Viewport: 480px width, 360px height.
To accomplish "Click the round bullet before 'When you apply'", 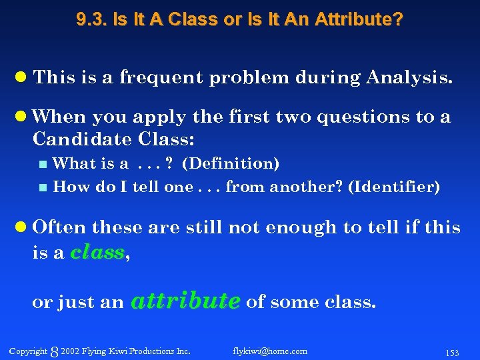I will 22,117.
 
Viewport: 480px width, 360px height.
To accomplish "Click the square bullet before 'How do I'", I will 43,188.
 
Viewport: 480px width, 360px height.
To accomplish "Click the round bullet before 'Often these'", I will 22,227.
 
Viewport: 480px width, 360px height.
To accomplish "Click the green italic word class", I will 97,252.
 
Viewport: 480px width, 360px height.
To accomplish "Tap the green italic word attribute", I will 185,301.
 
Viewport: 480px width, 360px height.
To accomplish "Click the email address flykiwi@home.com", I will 270,351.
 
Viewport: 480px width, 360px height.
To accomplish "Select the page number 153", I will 452,353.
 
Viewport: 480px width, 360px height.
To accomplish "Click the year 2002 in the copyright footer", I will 69,351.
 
